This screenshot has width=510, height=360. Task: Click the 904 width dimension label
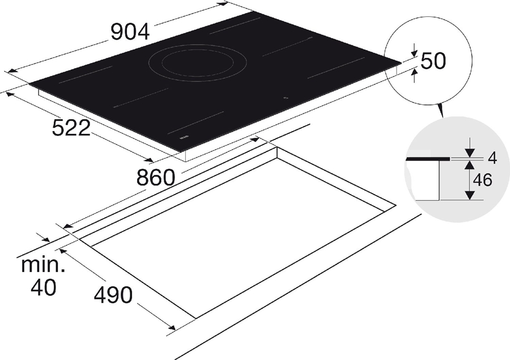click(x=130, y=32)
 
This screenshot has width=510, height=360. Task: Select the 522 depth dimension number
click(x=71, y=129)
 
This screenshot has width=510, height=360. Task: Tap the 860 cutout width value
click(x=155, y=178)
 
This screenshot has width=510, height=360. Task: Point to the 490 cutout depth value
click(x=113, y=295)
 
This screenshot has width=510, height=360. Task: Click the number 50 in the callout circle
click(x=433, y=61)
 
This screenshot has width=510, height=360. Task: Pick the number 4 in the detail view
click(x=492, y=159)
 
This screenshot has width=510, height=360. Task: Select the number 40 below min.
click(x=43, y=288)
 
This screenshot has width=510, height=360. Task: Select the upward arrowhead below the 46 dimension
click(x=469, y=195)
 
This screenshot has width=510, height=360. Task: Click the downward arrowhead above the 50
click(x=415, y=52)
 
